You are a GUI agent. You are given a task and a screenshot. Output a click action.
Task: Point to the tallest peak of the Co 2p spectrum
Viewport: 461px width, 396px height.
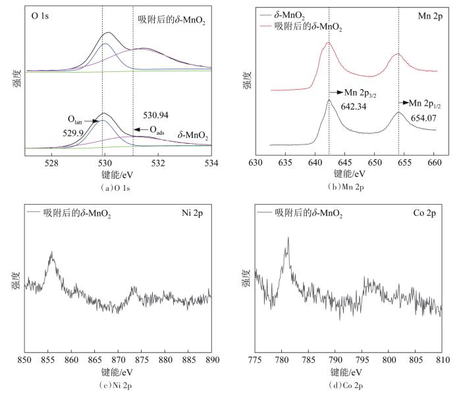[x=288, y=238]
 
